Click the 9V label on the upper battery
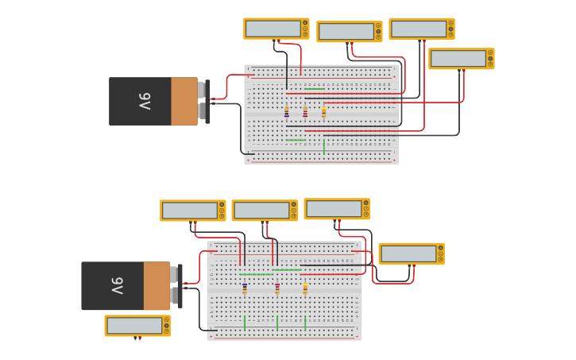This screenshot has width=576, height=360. point(144,101)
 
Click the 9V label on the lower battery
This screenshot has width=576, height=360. point(117,285)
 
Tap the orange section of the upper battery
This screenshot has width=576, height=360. point(184,101)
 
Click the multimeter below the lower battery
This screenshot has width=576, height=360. point(137,326)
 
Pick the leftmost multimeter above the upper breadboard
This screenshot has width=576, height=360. point(276,29)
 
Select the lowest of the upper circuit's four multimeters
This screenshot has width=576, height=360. point(461,59)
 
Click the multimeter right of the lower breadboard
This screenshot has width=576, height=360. point(411,254)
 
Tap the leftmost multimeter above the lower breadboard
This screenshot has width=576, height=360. point(192,211)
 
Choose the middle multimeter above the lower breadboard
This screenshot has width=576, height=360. point(264,211)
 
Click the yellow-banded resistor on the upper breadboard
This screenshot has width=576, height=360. point(323,112)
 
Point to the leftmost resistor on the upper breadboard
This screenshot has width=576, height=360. point(287,112)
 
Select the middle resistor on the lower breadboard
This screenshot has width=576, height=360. point(277,288)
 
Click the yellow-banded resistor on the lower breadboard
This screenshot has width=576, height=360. point(305,288)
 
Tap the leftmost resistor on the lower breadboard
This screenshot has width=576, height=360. point(245,288)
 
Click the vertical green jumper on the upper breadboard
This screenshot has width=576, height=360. point(324,146)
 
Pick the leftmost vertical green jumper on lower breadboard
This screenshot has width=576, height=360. point(245,323)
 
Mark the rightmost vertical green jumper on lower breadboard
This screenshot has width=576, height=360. point(305,323)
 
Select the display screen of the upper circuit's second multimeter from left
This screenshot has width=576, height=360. point(346,31)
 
